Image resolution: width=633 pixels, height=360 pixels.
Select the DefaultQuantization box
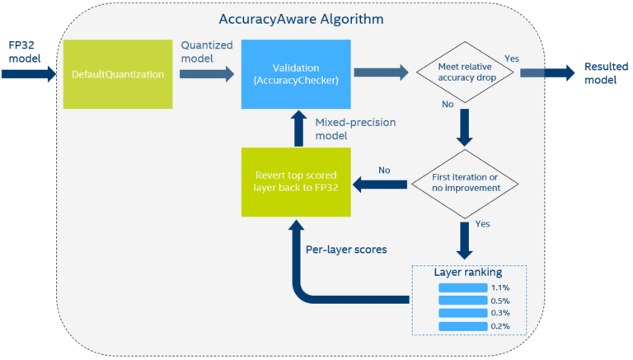click(x=118, y=73)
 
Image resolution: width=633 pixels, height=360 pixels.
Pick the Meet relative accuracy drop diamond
click(x=463, y=72)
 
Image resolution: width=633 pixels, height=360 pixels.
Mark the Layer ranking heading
click(x=468, y=272)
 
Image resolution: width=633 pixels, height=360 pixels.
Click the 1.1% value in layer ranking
click(x=499, y=288)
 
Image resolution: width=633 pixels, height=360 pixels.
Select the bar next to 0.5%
click(x=462, y=301)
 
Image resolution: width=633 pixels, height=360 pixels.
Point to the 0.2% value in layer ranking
click(x=499, y=326)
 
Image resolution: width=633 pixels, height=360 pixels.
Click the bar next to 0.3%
click(x=462, y=314)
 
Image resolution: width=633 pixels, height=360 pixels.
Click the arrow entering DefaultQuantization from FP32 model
click(x=30, y=73)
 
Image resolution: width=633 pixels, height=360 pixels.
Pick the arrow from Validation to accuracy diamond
click(x=380, y=73)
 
